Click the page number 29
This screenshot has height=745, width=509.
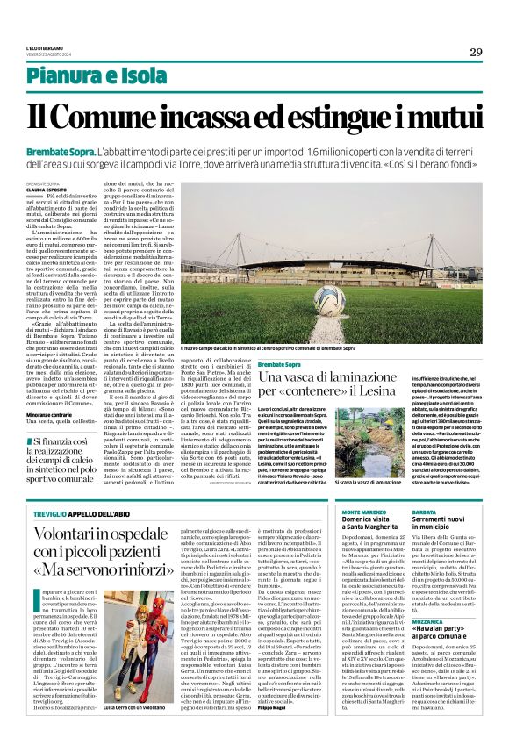coord(476,52)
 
